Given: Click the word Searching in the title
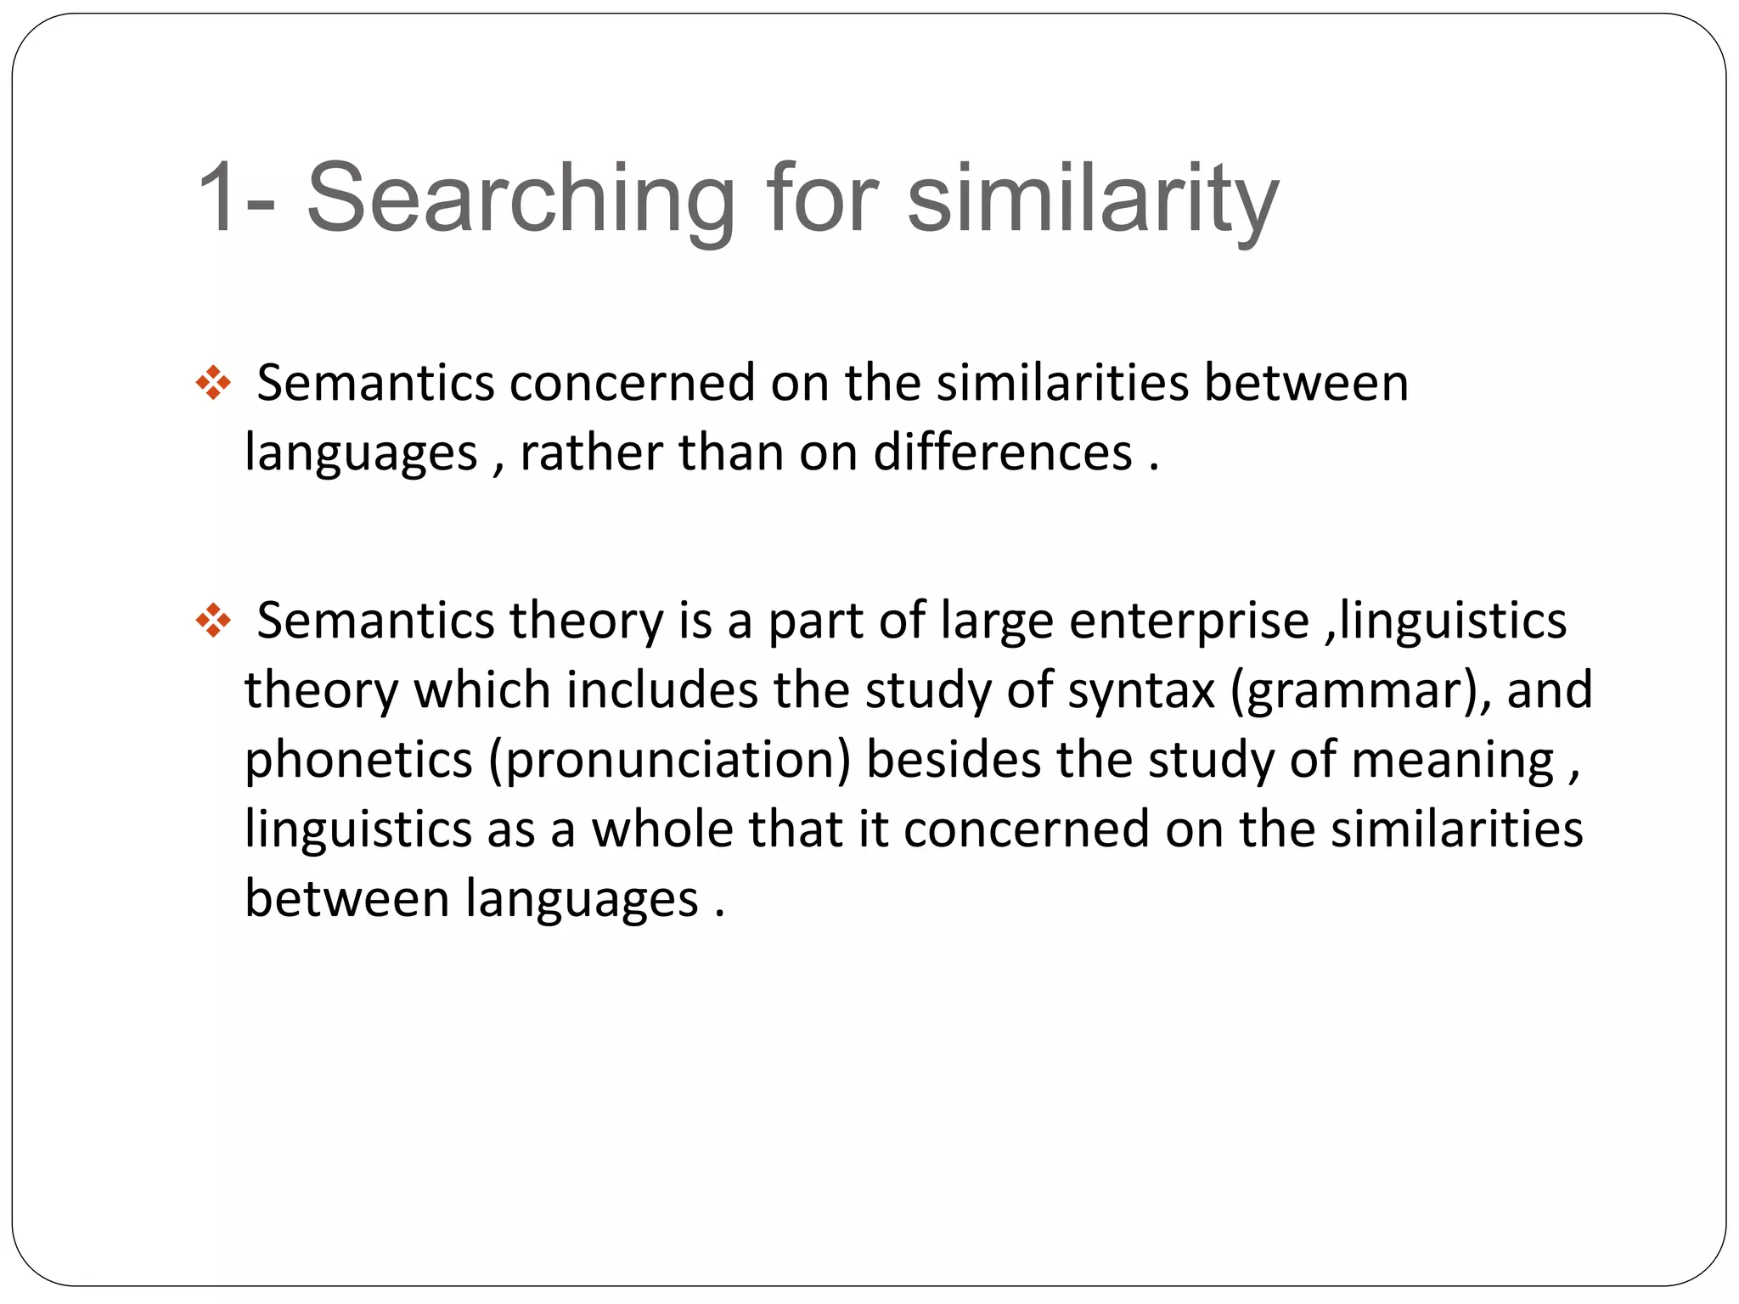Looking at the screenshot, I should coord(520,199).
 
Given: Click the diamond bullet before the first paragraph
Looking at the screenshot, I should coord(213,384).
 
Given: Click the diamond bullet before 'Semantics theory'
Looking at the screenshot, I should coord(213,621).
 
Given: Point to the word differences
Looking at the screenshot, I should coord(1003,452).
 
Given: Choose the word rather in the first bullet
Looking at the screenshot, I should coord(591,452).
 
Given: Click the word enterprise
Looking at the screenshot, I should coord(1189,621).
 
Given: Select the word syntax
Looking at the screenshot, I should coord(1141,690).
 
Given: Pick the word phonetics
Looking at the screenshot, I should coord(358,760).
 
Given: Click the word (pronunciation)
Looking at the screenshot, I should coord(669,760).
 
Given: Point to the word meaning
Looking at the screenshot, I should coord(1452,760).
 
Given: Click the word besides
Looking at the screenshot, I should coord(954,760).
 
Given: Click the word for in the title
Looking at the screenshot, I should coord(821,199).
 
